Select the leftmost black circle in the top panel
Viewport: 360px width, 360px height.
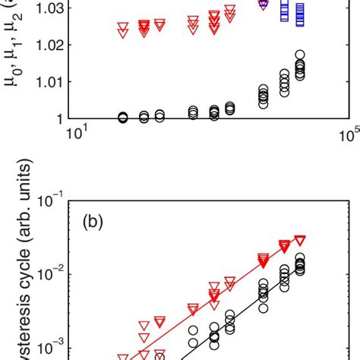(123, 117)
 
